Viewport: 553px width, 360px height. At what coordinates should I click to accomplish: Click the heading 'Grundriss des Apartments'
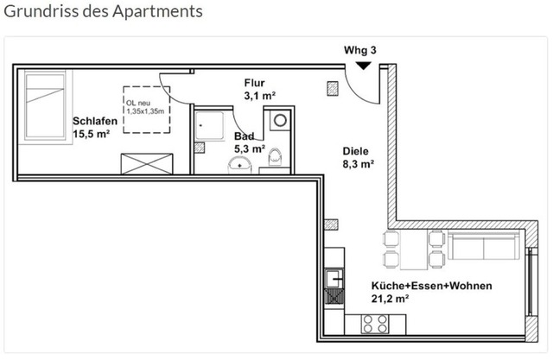pyautogui.click(x=103, y=11)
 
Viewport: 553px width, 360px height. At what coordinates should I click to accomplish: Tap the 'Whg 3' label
pyautogui.click(x=360, y=50)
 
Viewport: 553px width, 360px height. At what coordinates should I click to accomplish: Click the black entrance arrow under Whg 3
pyautogui.click(x=363, y=66)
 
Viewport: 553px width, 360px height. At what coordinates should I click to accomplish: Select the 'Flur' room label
pyautogui.click(x=254, y=83)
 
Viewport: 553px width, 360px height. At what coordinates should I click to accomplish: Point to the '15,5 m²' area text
pyautogui.click(x=92, y=134)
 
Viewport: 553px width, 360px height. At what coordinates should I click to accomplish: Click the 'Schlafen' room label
pyautogui.click(x=95, y=121)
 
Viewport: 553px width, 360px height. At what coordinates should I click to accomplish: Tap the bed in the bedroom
pyautogui.click(x=46, y=105)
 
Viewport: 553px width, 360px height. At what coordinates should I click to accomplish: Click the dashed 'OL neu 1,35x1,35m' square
pyautogui.click(x=147, y=110)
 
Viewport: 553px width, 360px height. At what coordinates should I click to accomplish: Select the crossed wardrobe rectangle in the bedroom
pyautogui.click(x=147, y=164)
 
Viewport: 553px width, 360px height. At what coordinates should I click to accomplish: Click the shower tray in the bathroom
pyautogui.click(x=210, y=126)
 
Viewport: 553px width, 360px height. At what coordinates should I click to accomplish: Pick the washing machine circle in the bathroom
pyautogui.click(x=280, y=121)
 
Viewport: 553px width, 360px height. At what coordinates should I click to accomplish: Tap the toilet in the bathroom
pyautogui.click(x=275, y=157)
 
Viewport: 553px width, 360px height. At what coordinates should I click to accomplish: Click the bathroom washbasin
pyautogui.click(x=239, y=166)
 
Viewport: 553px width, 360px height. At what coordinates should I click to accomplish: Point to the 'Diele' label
pyautogui.click(x=355, y=151)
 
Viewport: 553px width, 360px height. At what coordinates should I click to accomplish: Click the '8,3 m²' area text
pyautogui.click(x=359, y=164)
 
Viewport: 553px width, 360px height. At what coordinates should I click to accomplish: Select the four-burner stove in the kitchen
pyautogui.click(x=375, y=324)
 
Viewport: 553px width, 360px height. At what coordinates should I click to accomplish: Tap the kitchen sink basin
pyautogui.click(x=334, y=279)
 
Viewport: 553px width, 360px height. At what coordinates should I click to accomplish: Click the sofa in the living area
pyautogui.click(x=484, y=245)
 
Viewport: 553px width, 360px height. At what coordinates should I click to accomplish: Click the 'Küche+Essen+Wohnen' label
pyautogui.click(x=432, y=286)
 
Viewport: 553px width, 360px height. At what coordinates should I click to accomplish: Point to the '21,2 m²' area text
pyautogui.click(x=390, y=299)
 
